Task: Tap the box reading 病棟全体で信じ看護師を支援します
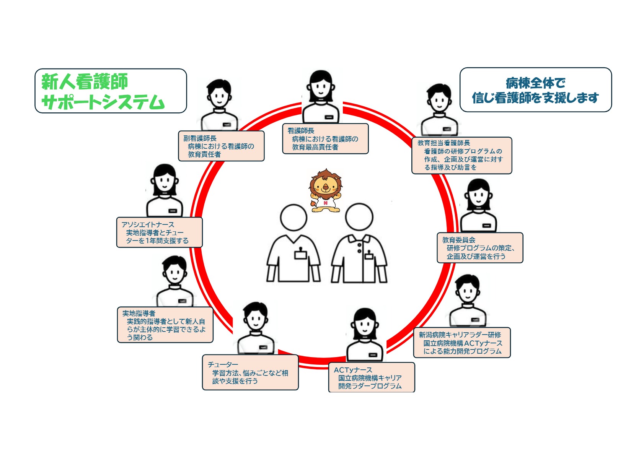click(535, 90)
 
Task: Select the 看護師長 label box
click(325, 139)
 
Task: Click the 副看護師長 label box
click(221, 146)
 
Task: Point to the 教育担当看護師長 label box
click(461, 155)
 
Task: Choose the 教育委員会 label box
click(479, 248)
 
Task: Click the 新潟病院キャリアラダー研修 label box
click(462, 343)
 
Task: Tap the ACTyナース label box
click(371, 377)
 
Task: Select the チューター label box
click(250, 372)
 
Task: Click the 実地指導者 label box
click(165, 325)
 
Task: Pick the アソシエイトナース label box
click(159, 232)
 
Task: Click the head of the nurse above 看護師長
click(321, 86)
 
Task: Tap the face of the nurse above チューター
click(255, 320)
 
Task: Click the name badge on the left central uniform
click(300, 254)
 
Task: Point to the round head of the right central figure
click(359, 217)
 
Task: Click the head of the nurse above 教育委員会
click(478, 195)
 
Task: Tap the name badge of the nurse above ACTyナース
click(373, 355)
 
